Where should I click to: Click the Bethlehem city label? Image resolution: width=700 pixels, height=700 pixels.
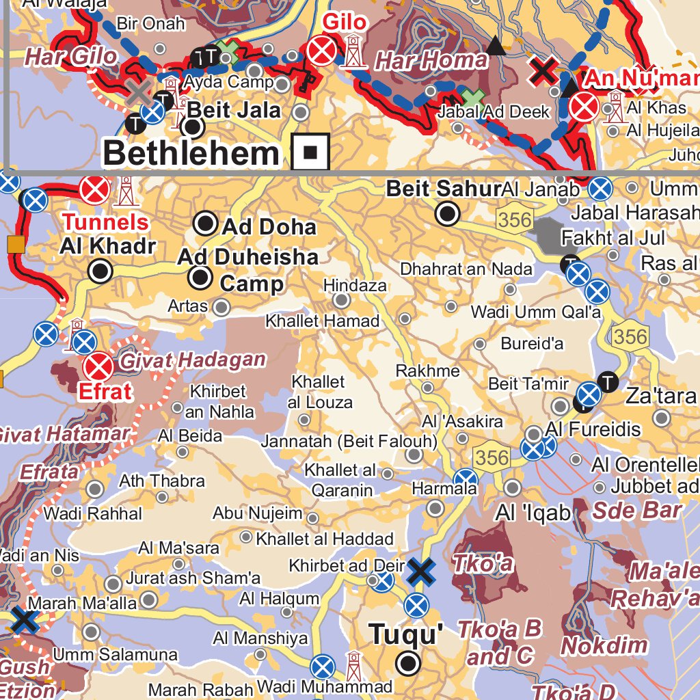(191, 153)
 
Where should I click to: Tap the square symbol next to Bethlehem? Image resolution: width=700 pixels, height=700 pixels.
(310, 152)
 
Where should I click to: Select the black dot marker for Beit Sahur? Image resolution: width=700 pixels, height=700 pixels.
(448, 214)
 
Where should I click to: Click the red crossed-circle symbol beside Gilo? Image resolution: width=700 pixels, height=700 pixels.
(321, 51)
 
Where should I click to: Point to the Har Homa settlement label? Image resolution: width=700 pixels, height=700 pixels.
(431, 61)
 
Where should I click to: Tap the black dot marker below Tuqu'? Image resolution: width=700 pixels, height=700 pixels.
(409, 662)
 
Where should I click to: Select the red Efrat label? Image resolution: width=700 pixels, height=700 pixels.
(105, 392)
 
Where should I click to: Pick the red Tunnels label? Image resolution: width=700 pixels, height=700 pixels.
(106, 221)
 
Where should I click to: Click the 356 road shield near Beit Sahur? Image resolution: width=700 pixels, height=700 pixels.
(514, 219)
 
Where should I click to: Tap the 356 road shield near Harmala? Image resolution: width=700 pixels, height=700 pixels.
(491, 457)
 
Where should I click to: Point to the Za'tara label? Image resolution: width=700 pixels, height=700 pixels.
(661, 395)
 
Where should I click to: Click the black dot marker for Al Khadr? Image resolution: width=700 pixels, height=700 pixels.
(100, 271)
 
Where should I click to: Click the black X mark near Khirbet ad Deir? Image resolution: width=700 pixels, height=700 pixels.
(421, 571)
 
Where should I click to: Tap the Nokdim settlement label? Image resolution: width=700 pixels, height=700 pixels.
(604, 645)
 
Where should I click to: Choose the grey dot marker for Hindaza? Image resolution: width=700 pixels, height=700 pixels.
(342, 301)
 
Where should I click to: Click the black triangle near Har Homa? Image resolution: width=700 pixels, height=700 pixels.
(497, 46)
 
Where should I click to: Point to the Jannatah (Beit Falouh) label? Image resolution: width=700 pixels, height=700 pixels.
(349, 441)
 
